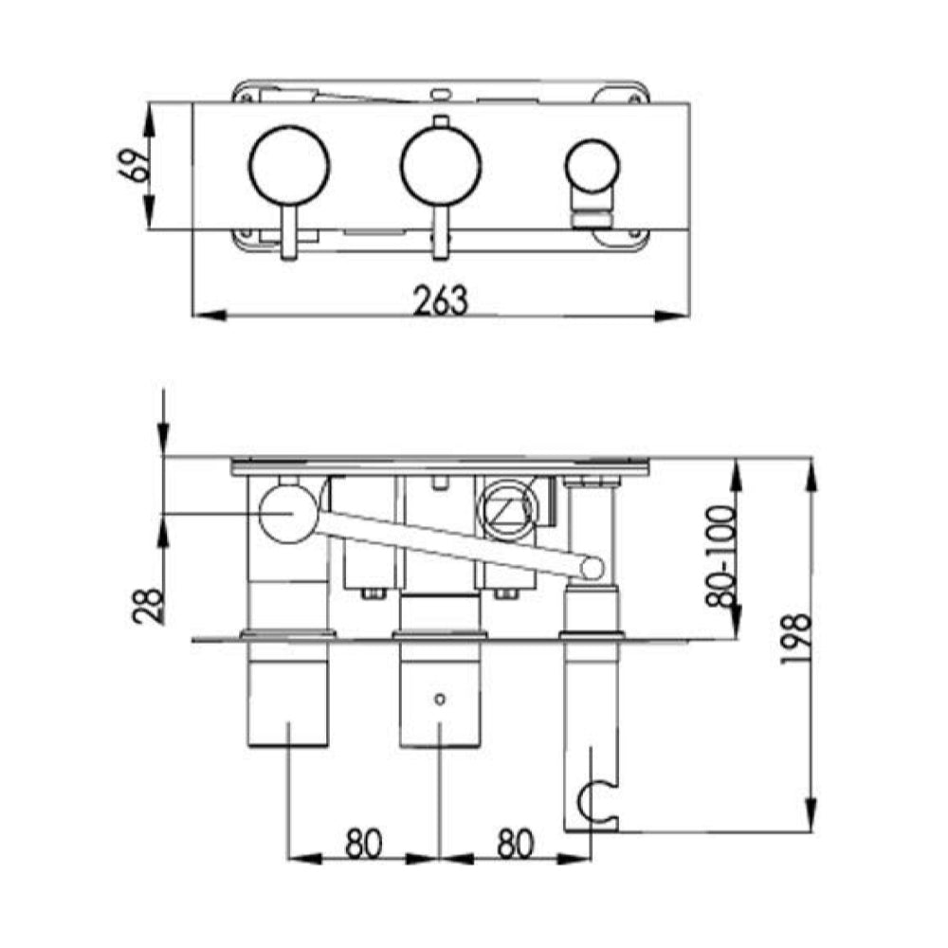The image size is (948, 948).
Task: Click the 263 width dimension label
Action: (x=441, y=300)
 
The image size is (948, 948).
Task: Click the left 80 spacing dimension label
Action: (x=363, y=843)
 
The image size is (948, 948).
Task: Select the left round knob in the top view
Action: (x=289, y=165)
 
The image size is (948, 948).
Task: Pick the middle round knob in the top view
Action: (x=440, y=165)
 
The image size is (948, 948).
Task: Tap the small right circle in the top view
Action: (x=592, y=165)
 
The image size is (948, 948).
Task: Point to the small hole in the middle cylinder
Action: (x=439, y=699)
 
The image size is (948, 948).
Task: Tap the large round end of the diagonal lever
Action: (x=288, y=513)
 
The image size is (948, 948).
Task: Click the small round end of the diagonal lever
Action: (x=592, y=569)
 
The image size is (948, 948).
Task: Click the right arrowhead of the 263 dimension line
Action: (x=678, y=315)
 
